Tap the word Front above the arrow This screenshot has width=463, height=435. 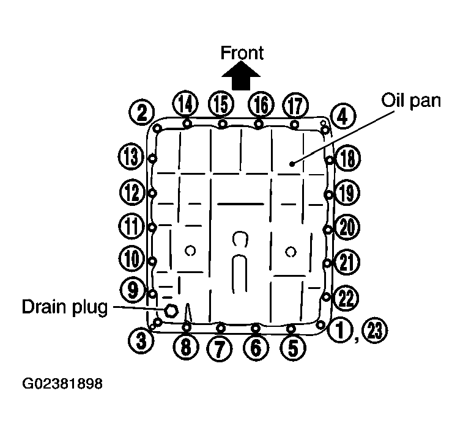pos(242,53)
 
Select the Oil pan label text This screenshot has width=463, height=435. pos(410,100)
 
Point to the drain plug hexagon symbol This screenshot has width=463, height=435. pos(171,310)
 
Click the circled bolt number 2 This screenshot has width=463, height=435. pos(141,112)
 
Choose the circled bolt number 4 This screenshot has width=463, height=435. pos(343,115)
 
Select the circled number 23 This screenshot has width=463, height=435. pos(375,331)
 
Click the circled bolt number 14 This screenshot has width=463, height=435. pos(185,104)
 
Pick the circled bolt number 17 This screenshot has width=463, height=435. pos(295,105)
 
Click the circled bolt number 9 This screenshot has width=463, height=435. pos(133,288)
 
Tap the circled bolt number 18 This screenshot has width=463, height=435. pos(347,159)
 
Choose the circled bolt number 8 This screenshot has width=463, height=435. pos(186,348)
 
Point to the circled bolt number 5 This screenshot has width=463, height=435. pos(293,348)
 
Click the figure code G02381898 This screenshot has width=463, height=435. pos(62,385)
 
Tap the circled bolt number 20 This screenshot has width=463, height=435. pos(347,228)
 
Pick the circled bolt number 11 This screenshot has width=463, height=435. pos(130,227)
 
